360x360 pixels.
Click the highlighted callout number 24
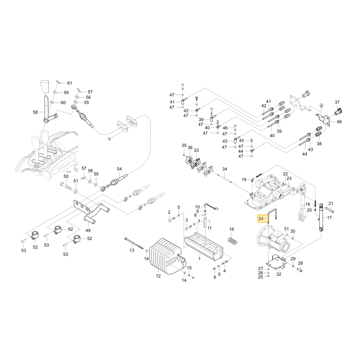click(x=261, y=218)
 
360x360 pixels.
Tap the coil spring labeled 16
click(x=232, y=240)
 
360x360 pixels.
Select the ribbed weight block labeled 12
click(x=165, y=255)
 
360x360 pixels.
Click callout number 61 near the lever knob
click(x=69, y=83)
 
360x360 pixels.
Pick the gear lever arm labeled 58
click(x=47, y=108)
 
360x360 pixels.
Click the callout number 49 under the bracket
click(x=88, y=230)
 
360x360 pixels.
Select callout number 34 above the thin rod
click(x=225, y=169)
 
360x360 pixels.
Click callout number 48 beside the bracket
click(x=339, y=122)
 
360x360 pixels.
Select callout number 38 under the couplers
click(x=319, y=144)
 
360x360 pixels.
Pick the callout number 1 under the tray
click(x=199, y=258)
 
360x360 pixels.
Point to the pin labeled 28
click(x=300, y=270)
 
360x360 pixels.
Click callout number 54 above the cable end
click(x=120, y=169)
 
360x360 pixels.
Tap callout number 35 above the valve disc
click(x=184, y=145)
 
